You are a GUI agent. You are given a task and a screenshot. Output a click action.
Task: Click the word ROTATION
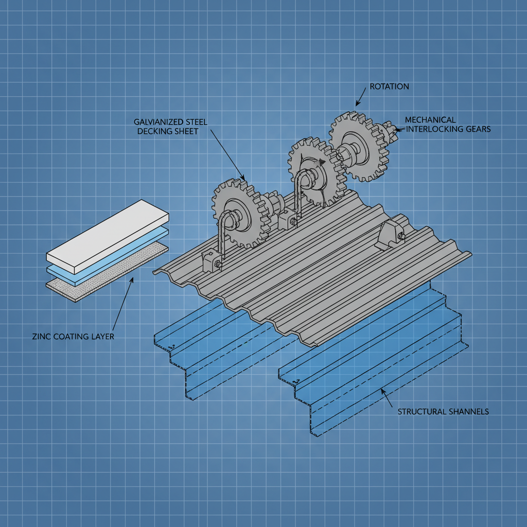[390, 86]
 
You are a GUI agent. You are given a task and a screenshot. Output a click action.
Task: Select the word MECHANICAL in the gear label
[430, 120]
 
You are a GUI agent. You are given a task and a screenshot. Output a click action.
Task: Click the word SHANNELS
[466, 411]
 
